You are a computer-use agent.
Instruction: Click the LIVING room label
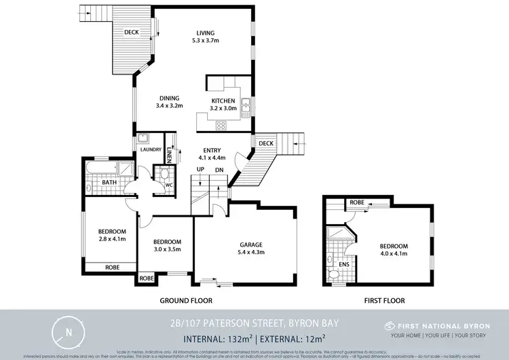pyautogui.click(x=205, y=33)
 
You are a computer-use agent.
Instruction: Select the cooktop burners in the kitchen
pyautogui.click(x=221, y=125)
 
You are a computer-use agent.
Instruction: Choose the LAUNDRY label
pyautogui.click(x=150, y=149)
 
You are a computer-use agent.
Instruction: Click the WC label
pyautogui.click(x=161, y=183)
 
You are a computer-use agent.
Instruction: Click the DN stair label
pyautogui.click(x=219, y=169)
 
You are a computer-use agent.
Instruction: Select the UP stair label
pyautogui.click(x=200, y=169)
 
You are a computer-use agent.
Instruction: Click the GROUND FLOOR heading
pyautogui.click(x=185, y=300)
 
